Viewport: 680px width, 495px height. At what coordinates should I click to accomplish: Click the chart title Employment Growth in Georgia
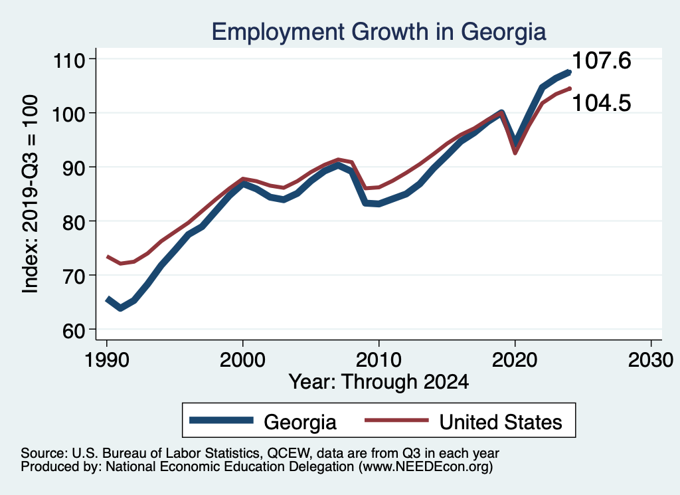pos(378,31)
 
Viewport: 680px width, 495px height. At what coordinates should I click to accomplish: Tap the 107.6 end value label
pos(601,62)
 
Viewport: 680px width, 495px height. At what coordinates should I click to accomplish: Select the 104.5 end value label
pos(601,103)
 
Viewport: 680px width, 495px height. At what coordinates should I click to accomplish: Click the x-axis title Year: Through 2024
pos(379,382)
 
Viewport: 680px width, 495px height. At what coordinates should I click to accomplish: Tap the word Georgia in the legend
pos(300,422)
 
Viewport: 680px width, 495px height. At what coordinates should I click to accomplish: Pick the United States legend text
pos(501,422)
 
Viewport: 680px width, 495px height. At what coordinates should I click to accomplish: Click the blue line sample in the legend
pos(222,421)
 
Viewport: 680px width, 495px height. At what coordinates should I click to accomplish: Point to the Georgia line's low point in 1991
pos(120,308)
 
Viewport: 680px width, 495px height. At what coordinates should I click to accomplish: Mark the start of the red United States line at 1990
pos(107,256)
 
